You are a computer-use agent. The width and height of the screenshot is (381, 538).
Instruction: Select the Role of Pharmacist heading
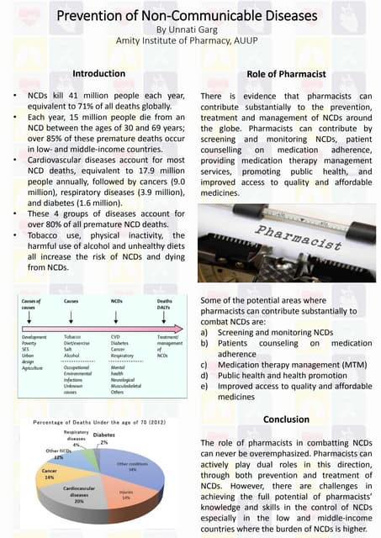point(285,75)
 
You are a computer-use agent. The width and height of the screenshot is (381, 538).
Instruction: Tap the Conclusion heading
point(286,419)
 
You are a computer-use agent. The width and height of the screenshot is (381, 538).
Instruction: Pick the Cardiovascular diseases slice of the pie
point(84,496)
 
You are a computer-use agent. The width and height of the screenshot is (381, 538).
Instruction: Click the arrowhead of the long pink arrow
point(182,329)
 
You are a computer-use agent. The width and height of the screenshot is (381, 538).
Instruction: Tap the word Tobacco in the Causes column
point(72,337)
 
